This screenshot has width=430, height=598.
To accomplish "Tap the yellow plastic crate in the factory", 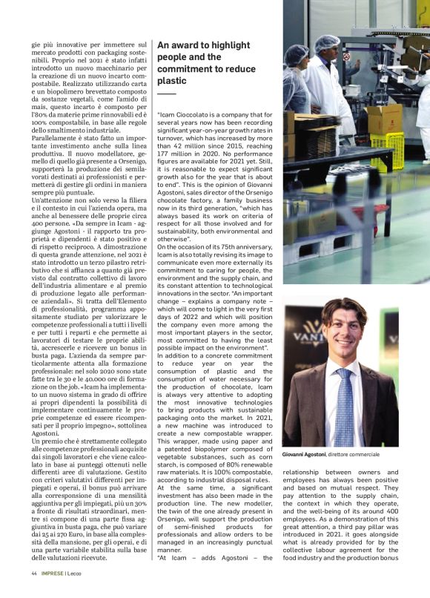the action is point(388,148).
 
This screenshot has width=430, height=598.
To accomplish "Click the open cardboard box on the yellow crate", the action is point(383,119).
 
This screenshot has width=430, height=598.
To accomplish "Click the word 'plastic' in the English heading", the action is point(171,80).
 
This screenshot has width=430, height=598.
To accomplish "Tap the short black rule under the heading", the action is point(166,94).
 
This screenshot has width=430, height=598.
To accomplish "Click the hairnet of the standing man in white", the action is point(327,43).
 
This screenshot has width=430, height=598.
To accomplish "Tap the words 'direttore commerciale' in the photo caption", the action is point(359,453).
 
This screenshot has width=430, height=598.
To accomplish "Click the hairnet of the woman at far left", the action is point(296,55).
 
